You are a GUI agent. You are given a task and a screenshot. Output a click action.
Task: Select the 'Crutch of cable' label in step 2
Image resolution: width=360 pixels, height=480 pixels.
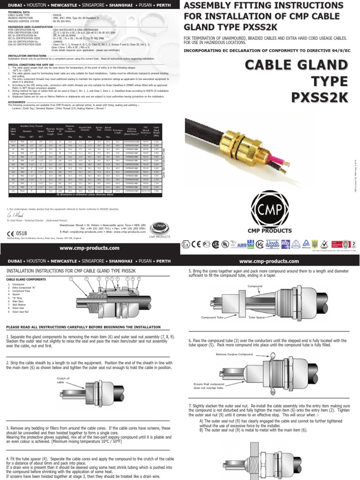coord(63,380)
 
